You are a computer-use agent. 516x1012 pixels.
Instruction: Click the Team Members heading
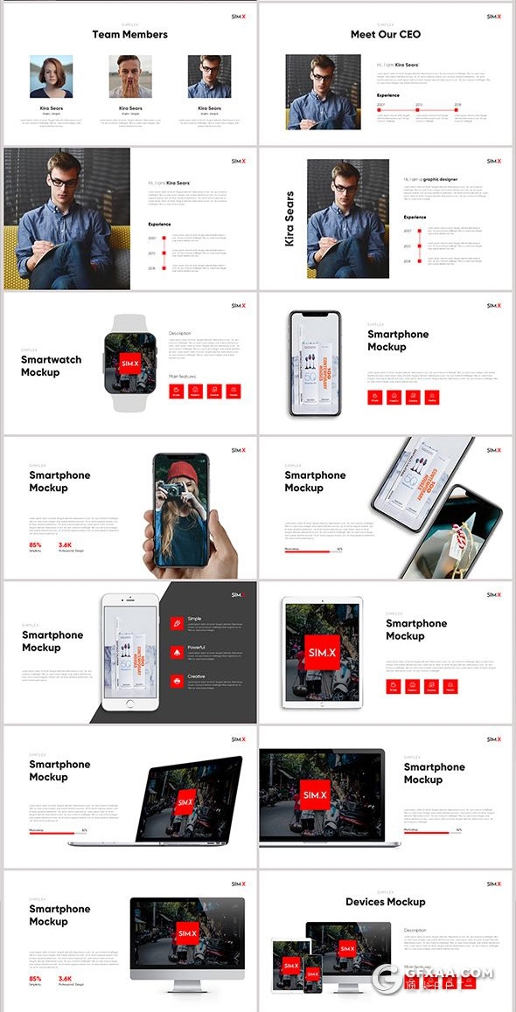pyautogui.click(x=129, y=35)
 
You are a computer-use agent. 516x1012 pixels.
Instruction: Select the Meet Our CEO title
pyautogui.click(x=385, y=35)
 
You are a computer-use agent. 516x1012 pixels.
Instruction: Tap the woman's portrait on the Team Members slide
pyautogui.click(x=51, y=77)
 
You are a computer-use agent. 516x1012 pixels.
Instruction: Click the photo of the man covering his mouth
pyautogui.click(x=129, y=77)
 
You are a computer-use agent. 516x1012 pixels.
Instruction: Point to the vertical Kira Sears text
pyautogui.click(x=289, y=218)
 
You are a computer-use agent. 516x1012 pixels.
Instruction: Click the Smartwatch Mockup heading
pyautogui.click(x=51, y=365)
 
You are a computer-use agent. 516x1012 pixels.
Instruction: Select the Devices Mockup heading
pyautogui.click(x=385, y=902)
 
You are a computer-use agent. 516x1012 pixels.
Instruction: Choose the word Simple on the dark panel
pyautogui.click(x=195, y=619)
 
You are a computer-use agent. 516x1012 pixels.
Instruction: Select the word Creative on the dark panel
pyautogui.click(x=197, y=676)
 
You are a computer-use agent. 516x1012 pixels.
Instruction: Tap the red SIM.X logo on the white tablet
pyautogui.click(x=323, y=652)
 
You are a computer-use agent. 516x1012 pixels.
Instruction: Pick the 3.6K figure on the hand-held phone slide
pyautogui.click(x=65, y=544)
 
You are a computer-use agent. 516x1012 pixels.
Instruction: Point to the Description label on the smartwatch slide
pyautogui.click(x=179, y=333)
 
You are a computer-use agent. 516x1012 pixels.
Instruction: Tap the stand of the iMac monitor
pyautogui.click(x=186, y=984)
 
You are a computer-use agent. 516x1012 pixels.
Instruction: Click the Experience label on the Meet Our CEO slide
pyautogui.click(x=388, y=95)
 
